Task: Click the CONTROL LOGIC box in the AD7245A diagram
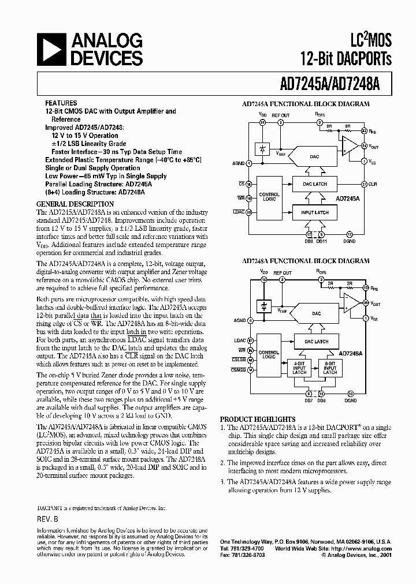269,197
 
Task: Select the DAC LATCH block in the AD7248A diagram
316,342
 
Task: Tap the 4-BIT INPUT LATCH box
299,368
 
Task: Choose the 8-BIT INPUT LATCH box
330,368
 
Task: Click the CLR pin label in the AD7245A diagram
373,184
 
